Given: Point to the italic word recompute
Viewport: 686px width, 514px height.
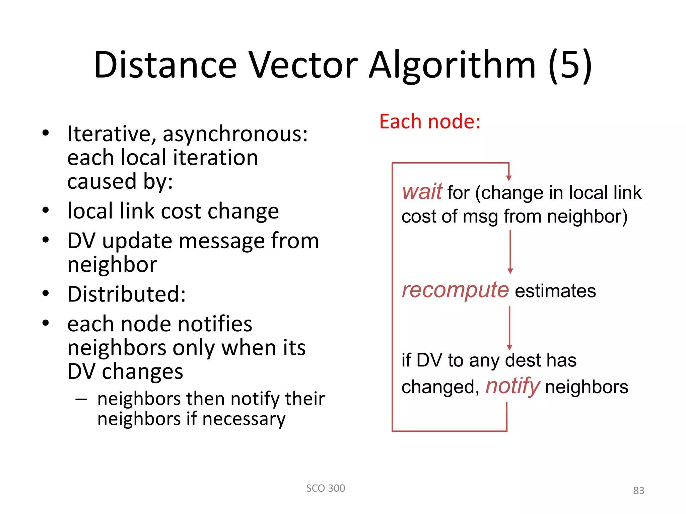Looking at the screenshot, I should [x=455, y=289].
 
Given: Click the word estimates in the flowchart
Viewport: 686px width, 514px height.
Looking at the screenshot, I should [x=555, y=290].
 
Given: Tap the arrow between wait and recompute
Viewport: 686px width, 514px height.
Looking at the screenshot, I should [x=510, y=252].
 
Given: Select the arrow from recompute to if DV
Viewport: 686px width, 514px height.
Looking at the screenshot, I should [x=509, y=328].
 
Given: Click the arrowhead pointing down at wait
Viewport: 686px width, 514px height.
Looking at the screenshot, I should [x=509, y=178].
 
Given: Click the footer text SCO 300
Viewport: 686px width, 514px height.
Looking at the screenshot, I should [x=326, y=488].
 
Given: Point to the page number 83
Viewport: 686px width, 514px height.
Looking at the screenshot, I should [x=638, y=490].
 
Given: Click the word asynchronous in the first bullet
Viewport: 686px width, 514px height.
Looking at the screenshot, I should [x=235, y=134].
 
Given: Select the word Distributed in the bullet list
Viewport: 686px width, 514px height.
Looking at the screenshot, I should [x=126, y=294].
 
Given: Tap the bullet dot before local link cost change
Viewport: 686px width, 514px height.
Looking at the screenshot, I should [x=46, y=210].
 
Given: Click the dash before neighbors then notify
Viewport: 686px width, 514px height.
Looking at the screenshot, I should [x=81, y=399].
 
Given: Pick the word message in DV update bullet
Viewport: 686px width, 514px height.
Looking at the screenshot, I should [x=221, y=241].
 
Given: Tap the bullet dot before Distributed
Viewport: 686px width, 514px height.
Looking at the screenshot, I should [x=46, y=293].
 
